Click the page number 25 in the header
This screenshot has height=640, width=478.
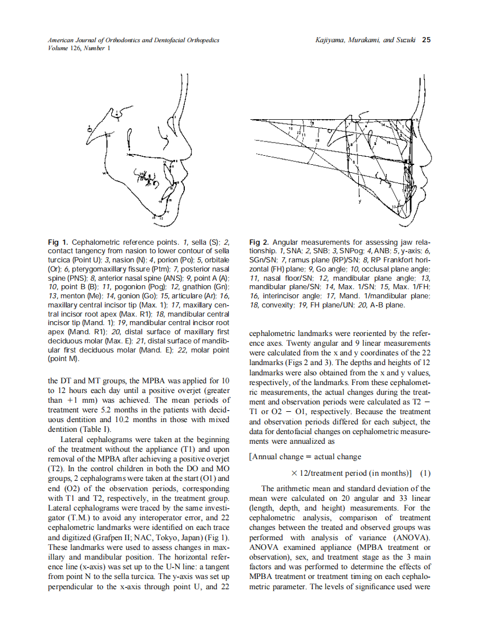(426, 40)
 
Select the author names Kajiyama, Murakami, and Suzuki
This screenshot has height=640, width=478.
(365, 40)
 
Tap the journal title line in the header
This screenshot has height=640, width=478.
(133, 40)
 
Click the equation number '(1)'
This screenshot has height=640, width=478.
(425, 473)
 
